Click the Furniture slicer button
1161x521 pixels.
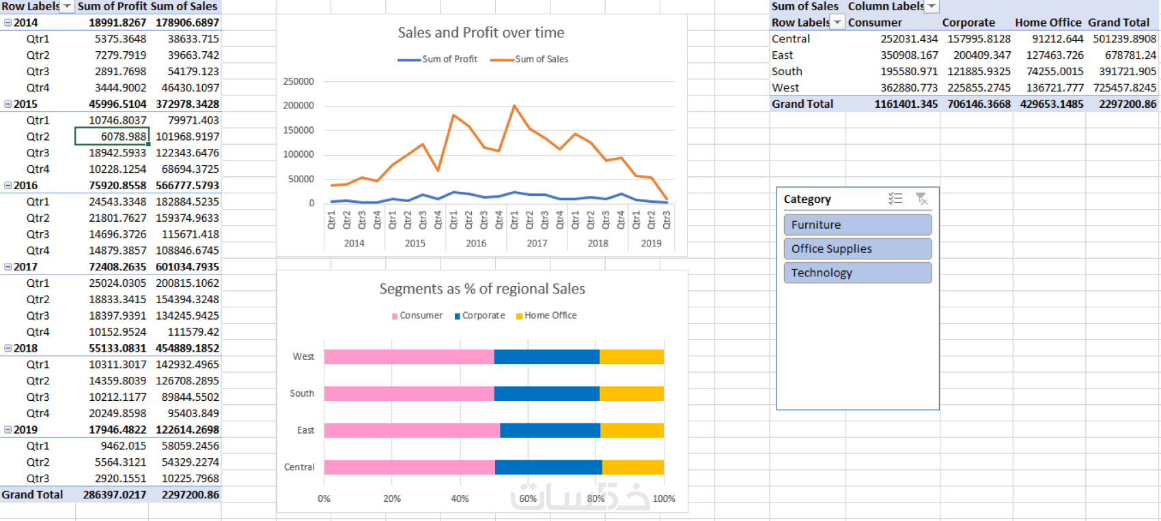857,225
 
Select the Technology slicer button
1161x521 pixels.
857,272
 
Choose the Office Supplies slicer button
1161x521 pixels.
857,249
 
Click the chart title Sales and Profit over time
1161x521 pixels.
481,33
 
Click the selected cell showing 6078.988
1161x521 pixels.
112,137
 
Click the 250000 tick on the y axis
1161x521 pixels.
298,81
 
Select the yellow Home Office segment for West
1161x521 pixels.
631,356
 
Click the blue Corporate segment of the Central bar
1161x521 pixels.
548,467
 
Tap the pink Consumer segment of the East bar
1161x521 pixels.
411,430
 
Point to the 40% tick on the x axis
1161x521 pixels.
460,498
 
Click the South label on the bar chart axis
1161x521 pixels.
302,393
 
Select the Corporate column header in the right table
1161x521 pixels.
968,23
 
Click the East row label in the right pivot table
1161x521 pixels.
783,55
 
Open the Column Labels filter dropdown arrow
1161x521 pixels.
932,6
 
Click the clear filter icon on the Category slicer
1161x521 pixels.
921,199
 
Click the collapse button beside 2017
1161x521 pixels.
8,267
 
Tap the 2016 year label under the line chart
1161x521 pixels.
476,243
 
